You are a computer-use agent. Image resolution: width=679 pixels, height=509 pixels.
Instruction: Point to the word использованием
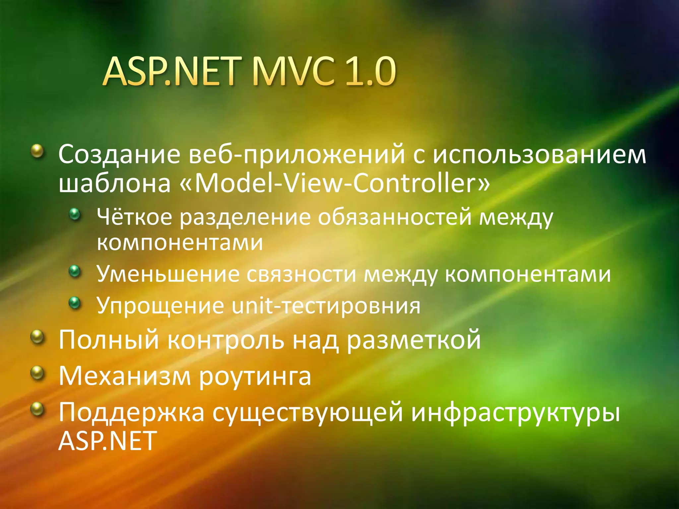point(540,154)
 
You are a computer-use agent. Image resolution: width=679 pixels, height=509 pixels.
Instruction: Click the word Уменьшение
point(168,274)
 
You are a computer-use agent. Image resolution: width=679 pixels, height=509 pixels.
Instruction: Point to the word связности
point(301,275)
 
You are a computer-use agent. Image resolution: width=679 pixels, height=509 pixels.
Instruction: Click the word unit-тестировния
point(326,306)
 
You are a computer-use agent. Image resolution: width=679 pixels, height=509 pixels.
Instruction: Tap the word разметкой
point(413,340)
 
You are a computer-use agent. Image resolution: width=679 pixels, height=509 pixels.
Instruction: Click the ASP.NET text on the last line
point(107,441)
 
